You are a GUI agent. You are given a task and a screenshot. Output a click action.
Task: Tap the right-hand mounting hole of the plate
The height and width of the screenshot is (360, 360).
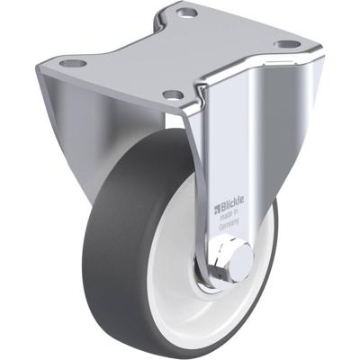285,44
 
